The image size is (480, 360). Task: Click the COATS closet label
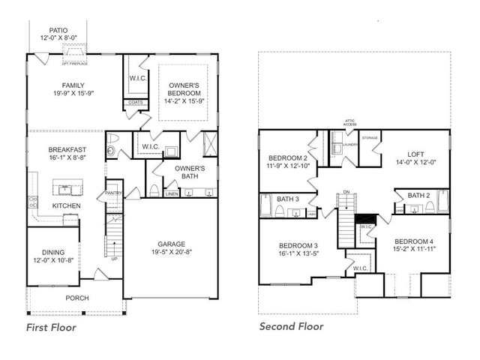click(x=136, y=103)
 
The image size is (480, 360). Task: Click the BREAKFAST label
click(x=67, y=149)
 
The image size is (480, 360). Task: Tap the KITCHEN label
click(x=66, y=205)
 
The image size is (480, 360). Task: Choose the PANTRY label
click(x=113, y=193)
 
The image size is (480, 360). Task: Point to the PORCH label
click(x=76, y=298)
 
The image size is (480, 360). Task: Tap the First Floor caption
click(x=51, y=327)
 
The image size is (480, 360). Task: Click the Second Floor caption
click(x=291, y=326)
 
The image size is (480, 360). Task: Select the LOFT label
click(x=415, y=154)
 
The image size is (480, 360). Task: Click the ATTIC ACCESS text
click(x=349, y=122)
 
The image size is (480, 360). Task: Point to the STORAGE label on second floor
click(x=370, y=138)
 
